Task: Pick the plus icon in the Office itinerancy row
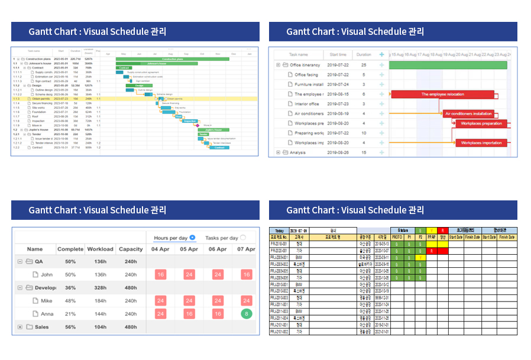pos(381,65)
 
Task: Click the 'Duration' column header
pos(364,54)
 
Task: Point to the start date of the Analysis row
pos(339,153)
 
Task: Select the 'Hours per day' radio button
pos(192,238)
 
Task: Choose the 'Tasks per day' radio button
pos(243,238)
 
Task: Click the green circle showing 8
pos(246,313)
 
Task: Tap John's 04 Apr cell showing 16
pos(160,274)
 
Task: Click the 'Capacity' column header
pos(131,249)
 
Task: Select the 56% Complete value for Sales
pos(70,327)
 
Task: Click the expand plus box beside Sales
pos(20,327)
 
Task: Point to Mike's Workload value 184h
pos(101,301)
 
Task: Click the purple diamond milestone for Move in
pos(198,125)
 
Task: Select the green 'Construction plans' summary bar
pos(172,59)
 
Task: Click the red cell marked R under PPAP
pos(432,251)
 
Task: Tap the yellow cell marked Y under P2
pos(420,258)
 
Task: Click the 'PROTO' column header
pos(397,237)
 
